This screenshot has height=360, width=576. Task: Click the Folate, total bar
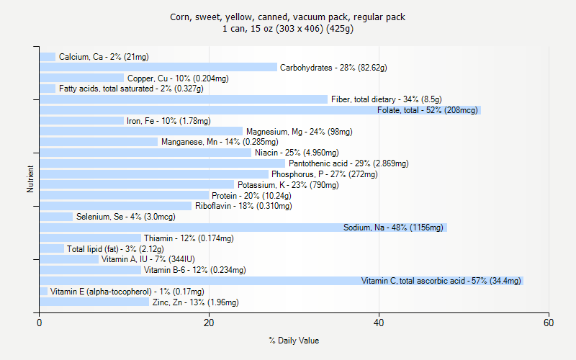click(x=259, y=110)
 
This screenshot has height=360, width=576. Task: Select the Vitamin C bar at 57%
click(x=281, y=281)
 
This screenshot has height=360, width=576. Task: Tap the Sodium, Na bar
click(x=243, y=228)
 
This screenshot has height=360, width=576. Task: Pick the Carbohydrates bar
click(x=158, y=67)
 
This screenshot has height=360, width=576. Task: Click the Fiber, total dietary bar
click(x=184, y=99)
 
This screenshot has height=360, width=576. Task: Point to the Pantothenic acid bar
click(x=163, y=163)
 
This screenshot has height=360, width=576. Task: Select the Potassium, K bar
click(x=137, y=185)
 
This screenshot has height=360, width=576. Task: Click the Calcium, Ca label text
click(x=104, y=57)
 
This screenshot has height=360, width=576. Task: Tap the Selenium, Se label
click(x=125, y=217)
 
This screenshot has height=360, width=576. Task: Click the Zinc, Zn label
click(x=195, y=302)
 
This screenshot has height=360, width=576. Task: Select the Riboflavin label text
click(x=243, y=206)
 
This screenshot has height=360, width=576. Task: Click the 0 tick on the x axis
click(x=40, y=323)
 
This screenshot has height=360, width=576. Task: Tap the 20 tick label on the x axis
click(x=210, y=323)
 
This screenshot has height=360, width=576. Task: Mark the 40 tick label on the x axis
click(x=379, y=323)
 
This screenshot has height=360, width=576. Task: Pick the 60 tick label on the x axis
click(x=549, y=323)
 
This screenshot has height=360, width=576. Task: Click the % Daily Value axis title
click(x=294, y=341)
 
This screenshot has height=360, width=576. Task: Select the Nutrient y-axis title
click(x=30, y=179)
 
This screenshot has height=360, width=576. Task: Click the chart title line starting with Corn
click(x=287, y=17)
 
